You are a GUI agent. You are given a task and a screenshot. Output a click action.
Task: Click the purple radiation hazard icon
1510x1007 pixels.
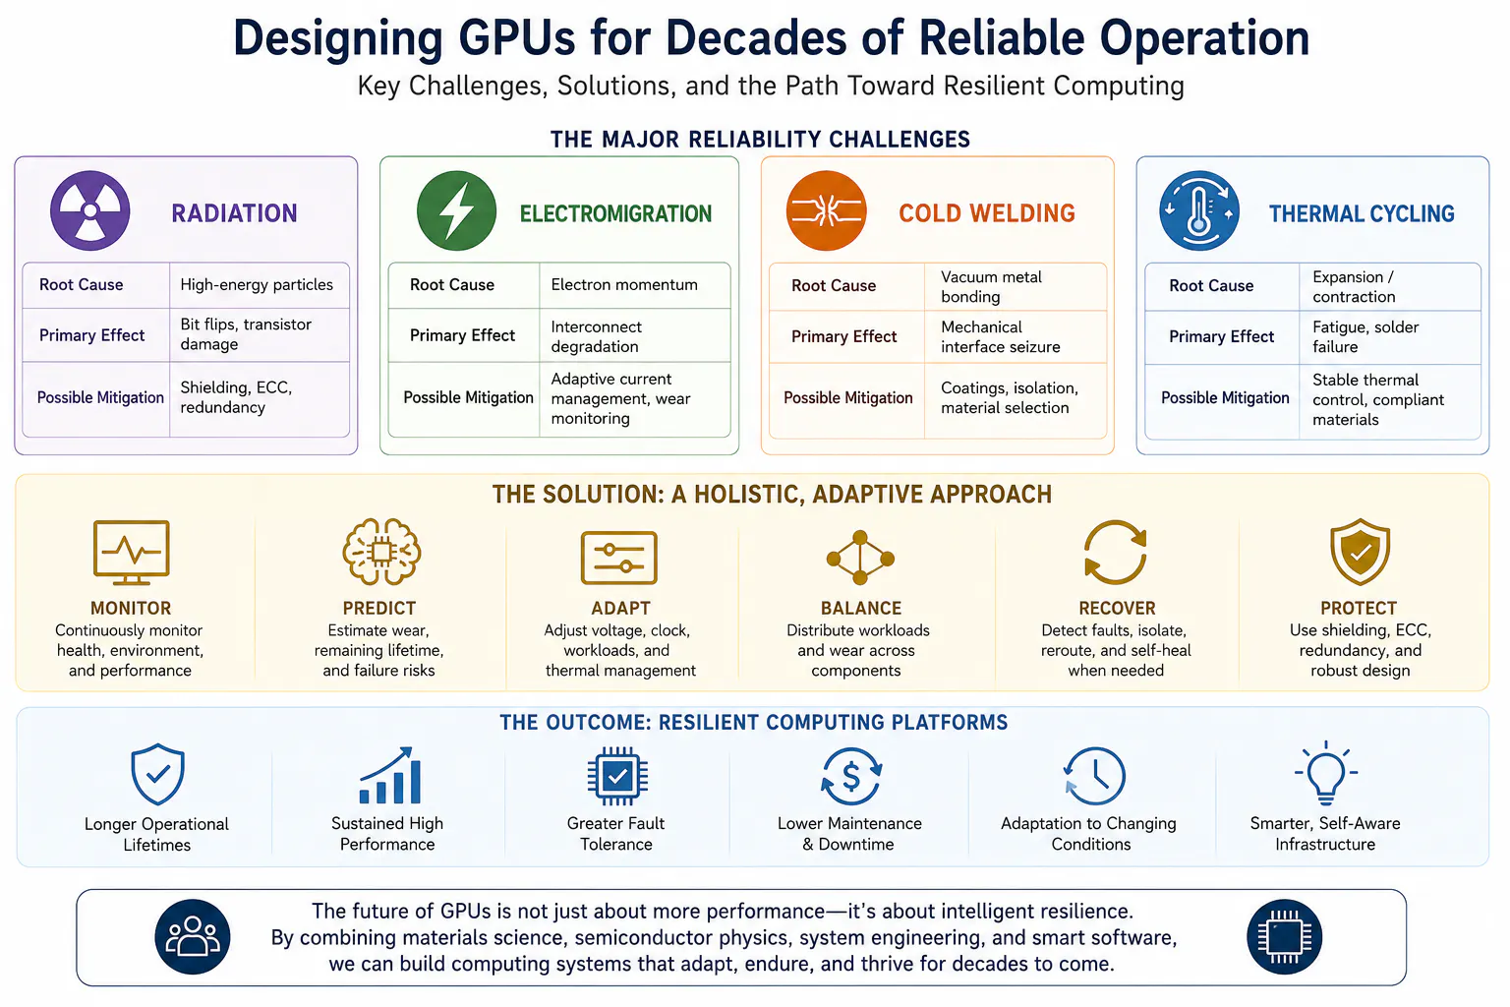(x=89, y=210)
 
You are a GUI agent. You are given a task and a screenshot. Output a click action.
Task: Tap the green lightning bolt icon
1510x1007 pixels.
(x=456, y=210)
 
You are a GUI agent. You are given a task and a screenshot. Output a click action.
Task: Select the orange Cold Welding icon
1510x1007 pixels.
(x=826, y=210)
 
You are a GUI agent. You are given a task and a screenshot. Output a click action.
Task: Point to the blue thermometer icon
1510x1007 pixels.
(x=1198, y=211)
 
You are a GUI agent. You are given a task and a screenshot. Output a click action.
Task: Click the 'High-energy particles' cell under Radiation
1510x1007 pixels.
(x=257, y=284)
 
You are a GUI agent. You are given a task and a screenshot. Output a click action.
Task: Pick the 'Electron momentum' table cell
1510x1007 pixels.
(x=623, y=284)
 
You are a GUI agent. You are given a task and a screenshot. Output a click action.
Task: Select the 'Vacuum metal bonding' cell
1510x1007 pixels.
(x=991, y=286)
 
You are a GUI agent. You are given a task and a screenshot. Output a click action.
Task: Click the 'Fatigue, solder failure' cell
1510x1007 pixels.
(x=1365, y=336)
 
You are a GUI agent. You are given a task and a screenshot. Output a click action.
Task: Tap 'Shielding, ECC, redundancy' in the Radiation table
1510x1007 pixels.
(x=236, y=397)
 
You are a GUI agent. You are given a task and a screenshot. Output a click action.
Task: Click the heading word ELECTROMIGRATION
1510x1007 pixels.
(x=615, y=213)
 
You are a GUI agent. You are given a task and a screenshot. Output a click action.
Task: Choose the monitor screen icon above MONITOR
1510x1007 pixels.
(x=131, y=553)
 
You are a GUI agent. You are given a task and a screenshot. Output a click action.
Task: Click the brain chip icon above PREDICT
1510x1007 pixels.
(x=381, y=552)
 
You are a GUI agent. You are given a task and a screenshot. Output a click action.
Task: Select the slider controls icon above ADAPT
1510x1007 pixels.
(x=618, y=558)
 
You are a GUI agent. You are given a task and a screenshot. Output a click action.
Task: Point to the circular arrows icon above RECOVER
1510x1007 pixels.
(x=1116, y=552)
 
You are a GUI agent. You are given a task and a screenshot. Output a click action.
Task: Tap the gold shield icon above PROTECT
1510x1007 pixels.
(x=1360, y=552)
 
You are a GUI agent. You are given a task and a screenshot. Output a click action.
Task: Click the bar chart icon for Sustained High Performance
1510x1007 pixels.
(x=389, y=775)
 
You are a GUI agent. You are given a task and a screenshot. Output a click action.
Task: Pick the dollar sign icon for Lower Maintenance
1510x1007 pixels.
(x=850, y=776)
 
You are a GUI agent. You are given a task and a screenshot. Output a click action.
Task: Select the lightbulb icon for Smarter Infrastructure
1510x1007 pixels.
(x=1326, y=774)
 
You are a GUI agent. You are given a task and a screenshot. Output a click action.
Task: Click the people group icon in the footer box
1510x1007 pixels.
(x=192, y=937)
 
